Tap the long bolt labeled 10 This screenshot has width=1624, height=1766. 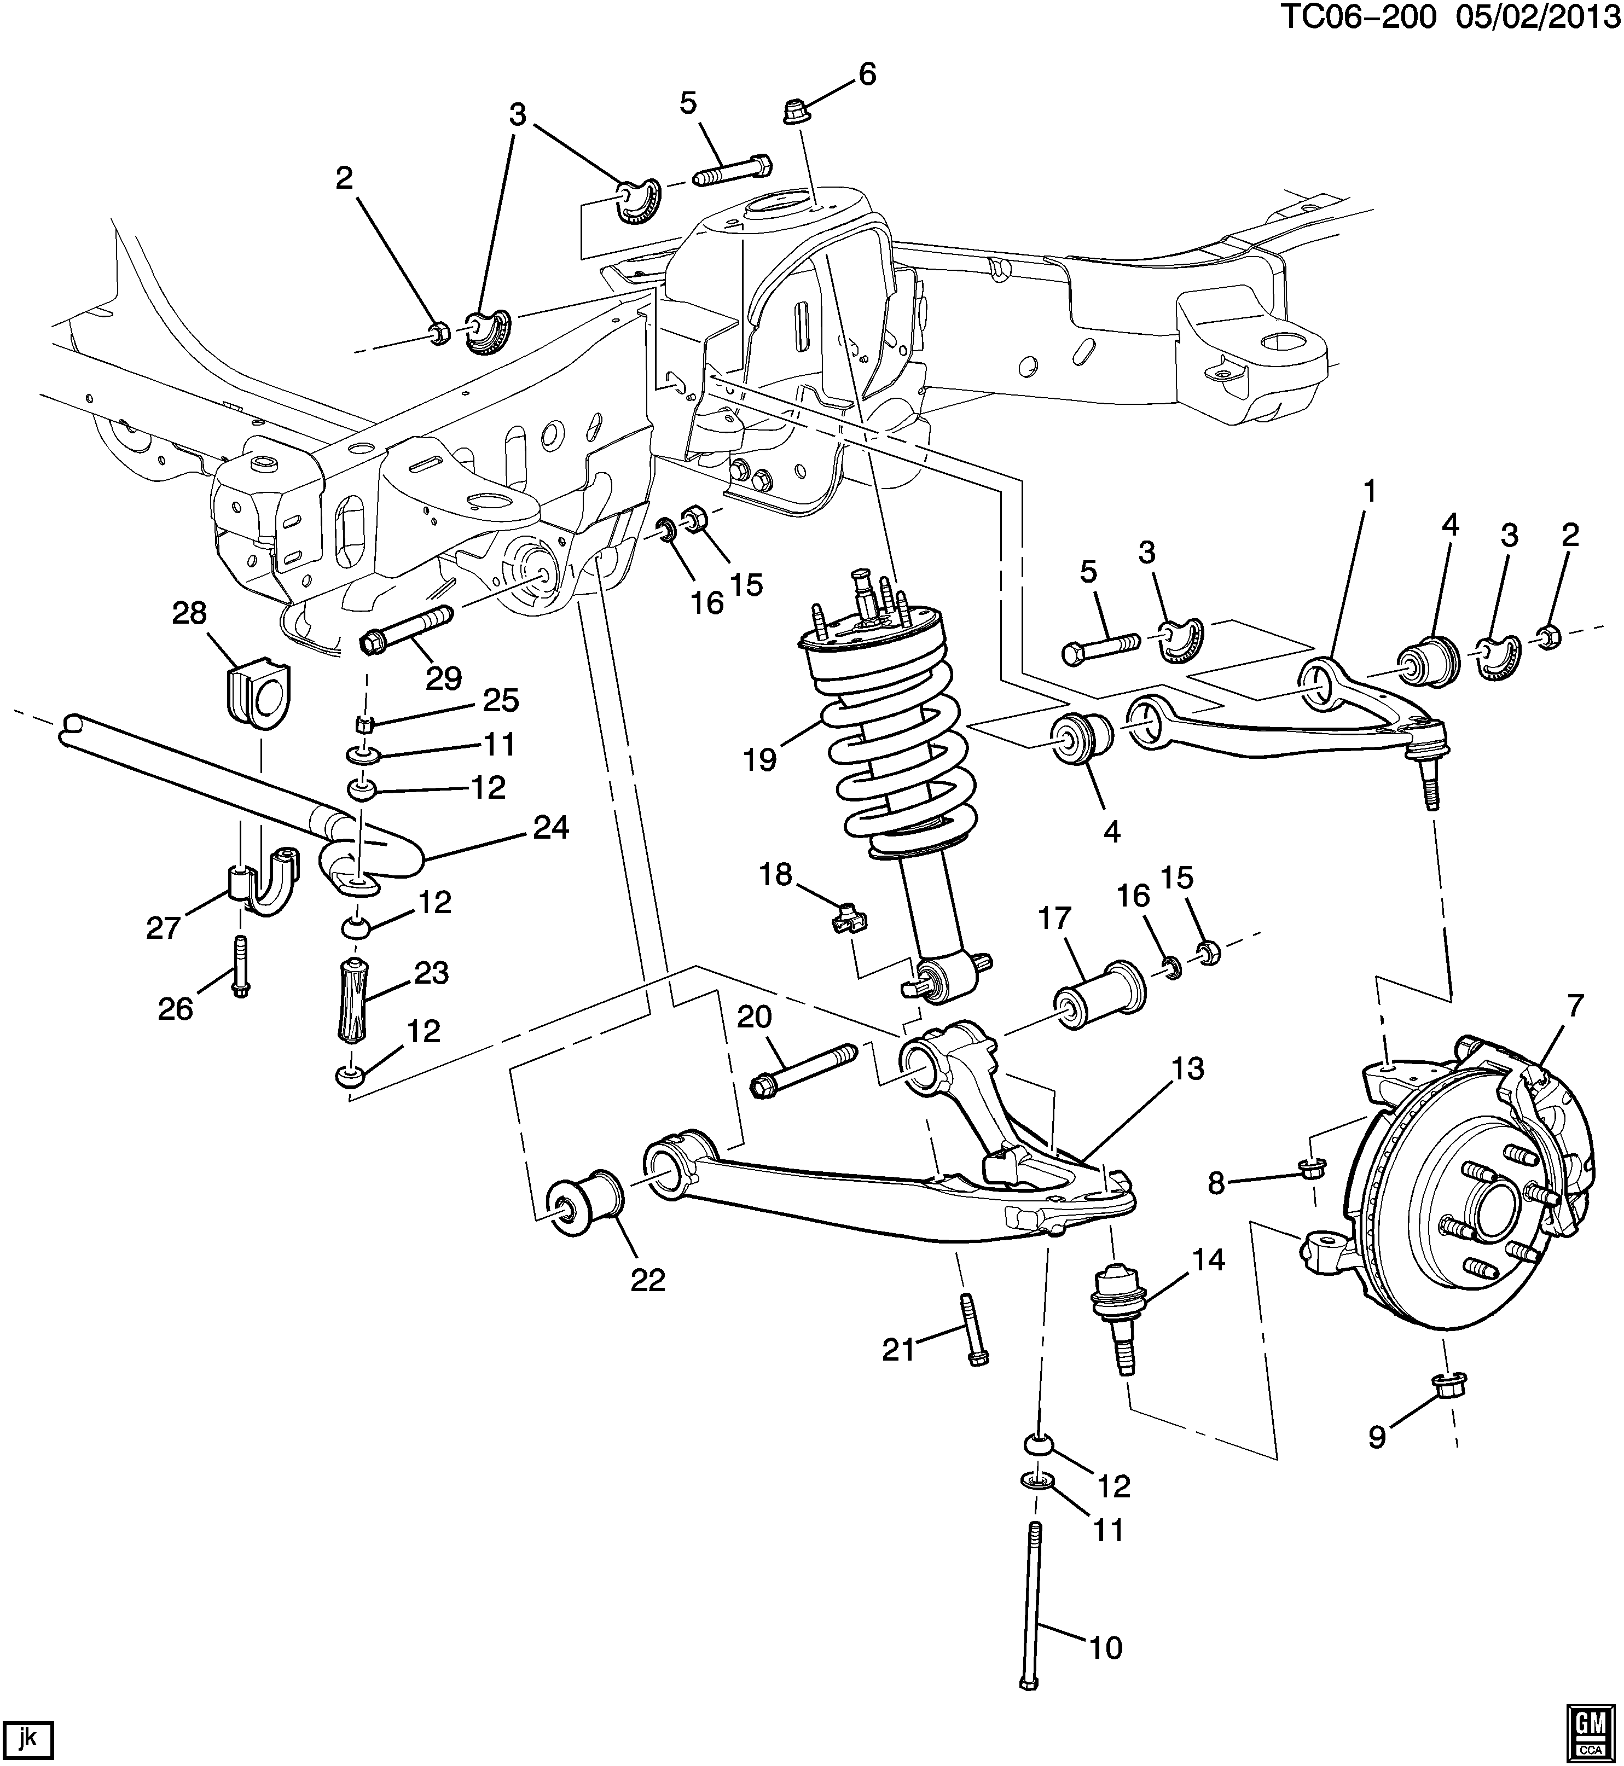point(1032,1617)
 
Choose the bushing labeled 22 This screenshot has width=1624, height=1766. point(585,1204)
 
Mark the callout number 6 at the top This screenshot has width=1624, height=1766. point(867,75)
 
